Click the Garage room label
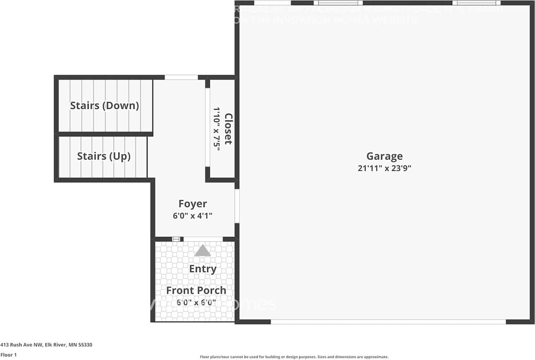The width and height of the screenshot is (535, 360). tap(385, 156)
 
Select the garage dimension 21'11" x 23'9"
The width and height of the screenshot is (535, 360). tap(385, 168)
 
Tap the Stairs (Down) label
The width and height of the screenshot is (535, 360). tap(104, 106)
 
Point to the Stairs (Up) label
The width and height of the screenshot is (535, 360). tap(104, 156)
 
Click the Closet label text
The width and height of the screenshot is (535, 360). tap(228, 129)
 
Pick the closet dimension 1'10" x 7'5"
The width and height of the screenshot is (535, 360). tap(217, 129)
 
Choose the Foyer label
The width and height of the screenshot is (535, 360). tap(193, 204)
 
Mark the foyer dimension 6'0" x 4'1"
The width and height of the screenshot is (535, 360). tap(193, 216)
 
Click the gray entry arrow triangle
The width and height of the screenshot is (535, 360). tap(203, 251)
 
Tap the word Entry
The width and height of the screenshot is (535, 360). tap(203, 269)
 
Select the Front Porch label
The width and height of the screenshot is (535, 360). tap(196, 290)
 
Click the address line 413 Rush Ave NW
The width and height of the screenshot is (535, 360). tap(46, 345)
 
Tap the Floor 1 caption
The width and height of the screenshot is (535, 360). tap(8, 355)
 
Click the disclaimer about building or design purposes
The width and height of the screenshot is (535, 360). tap(294, 357)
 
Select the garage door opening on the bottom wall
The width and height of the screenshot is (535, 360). tap(388, 322)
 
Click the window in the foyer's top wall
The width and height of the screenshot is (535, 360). tap(181, 77)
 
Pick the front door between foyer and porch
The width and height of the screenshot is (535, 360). tap(203, 239)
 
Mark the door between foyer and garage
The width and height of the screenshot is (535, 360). tap(237, 206)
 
